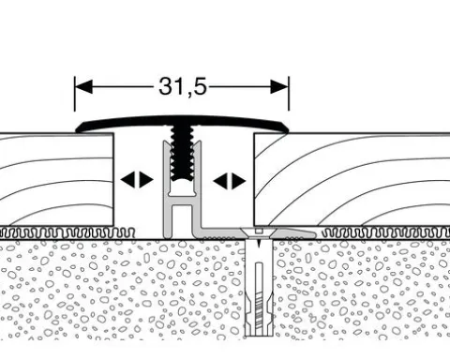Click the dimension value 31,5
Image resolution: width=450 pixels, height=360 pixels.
183,86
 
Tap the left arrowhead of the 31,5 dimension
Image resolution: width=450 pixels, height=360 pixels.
83,86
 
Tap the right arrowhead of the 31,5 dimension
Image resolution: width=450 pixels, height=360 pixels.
279,86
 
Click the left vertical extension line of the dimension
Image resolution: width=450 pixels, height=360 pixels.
75,94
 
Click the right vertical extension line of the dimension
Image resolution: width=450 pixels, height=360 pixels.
289,94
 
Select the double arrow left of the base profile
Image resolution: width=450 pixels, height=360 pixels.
137,180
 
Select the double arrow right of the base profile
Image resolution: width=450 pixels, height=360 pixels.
230,181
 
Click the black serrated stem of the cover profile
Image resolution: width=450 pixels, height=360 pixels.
182,153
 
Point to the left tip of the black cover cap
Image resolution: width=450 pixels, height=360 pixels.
77,130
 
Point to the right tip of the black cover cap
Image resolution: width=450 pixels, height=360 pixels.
287,129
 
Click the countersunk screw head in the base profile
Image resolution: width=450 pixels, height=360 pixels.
258,232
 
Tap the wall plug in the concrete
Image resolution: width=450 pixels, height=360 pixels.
258,288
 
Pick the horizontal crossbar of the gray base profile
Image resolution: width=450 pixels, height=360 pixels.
182,201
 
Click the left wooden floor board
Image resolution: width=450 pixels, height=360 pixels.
56,179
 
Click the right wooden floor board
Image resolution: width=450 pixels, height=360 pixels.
352,179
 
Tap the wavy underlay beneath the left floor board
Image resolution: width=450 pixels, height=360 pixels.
67,232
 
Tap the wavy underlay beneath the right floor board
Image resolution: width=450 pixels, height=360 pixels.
386,232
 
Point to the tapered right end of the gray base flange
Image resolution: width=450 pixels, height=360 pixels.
313,233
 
